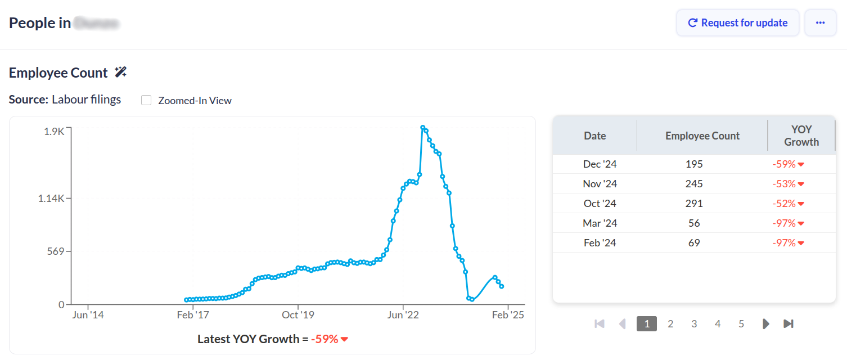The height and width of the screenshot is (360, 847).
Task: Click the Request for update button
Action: point(737,23)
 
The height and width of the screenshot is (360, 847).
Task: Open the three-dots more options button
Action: point(820,23)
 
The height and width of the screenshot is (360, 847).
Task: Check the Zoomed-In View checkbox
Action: point(146,100)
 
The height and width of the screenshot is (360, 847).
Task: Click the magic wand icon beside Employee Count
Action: point(120,72)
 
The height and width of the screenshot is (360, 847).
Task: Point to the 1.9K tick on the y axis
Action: point(54,131)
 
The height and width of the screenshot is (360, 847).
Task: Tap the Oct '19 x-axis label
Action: point(298,315)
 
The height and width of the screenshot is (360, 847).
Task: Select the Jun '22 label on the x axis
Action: point(403,315)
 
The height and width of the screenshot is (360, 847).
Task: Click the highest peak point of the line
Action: point(423,128)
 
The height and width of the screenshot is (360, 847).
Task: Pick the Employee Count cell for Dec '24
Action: point(694,164)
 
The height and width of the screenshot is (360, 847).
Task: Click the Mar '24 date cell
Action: point(600,223)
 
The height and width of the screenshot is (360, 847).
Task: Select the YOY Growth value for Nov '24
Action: point(788,184)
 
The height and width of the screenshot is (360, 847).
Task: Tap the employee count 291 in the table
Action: point(694,204)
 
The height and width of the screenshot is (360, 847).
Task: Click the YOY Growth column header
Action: point(801,136)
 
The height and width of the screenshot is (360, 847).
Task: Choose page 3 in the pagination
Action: point(694,323)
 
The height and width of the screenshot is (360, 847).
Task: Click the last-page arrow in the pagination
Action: point(789,323)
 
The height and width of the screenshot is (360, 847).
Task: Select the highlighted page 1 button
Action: point(647,323)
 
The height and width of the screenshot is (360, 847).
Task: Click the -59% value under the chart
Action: point(325,339)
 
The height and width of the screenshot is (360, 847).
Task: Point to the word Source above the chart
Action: point(28,100)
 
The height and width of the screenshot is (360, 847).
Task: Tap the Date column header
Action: point(594,136)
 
